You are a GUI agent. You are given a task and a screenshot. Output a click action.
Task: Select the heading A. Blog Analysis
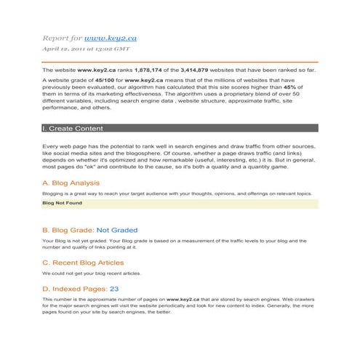pyautogui.click(x=71, y=183)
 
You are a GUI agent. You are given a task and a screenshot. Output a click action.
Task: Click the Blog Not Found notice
pyautogui.click(x=62, y=204)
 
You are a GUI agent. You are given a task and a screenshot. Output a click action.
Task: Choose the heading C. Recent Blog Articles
pyautogui.click(x=83, y=263)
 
